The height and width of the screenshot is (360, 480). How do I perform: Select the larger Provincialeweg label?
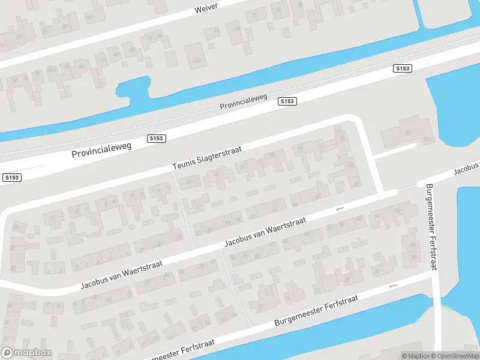101,150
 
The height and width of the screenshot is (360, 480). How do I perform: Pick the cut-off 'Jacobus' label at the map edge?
467,169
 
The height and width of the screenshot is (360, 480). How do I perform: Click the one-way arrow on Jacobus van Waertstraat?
340,209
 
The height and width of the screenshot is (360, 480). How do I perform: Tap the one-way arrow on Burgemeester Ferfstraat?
393,286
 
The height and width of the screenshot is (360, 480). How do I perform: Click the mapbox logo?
26,353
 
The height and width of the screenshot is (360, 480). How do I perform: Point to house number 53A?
428,139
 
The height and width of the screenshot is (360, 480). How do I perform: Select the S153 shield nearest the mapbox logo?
11,178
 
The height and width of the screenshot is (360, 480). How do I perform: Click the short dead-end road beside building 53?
394,150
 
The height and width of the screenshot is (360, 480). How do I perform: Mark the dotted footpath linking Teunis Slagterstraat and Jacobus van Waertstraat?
184,210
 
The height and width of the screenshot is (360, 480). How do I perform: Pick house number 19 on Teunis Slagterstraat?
299,146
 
